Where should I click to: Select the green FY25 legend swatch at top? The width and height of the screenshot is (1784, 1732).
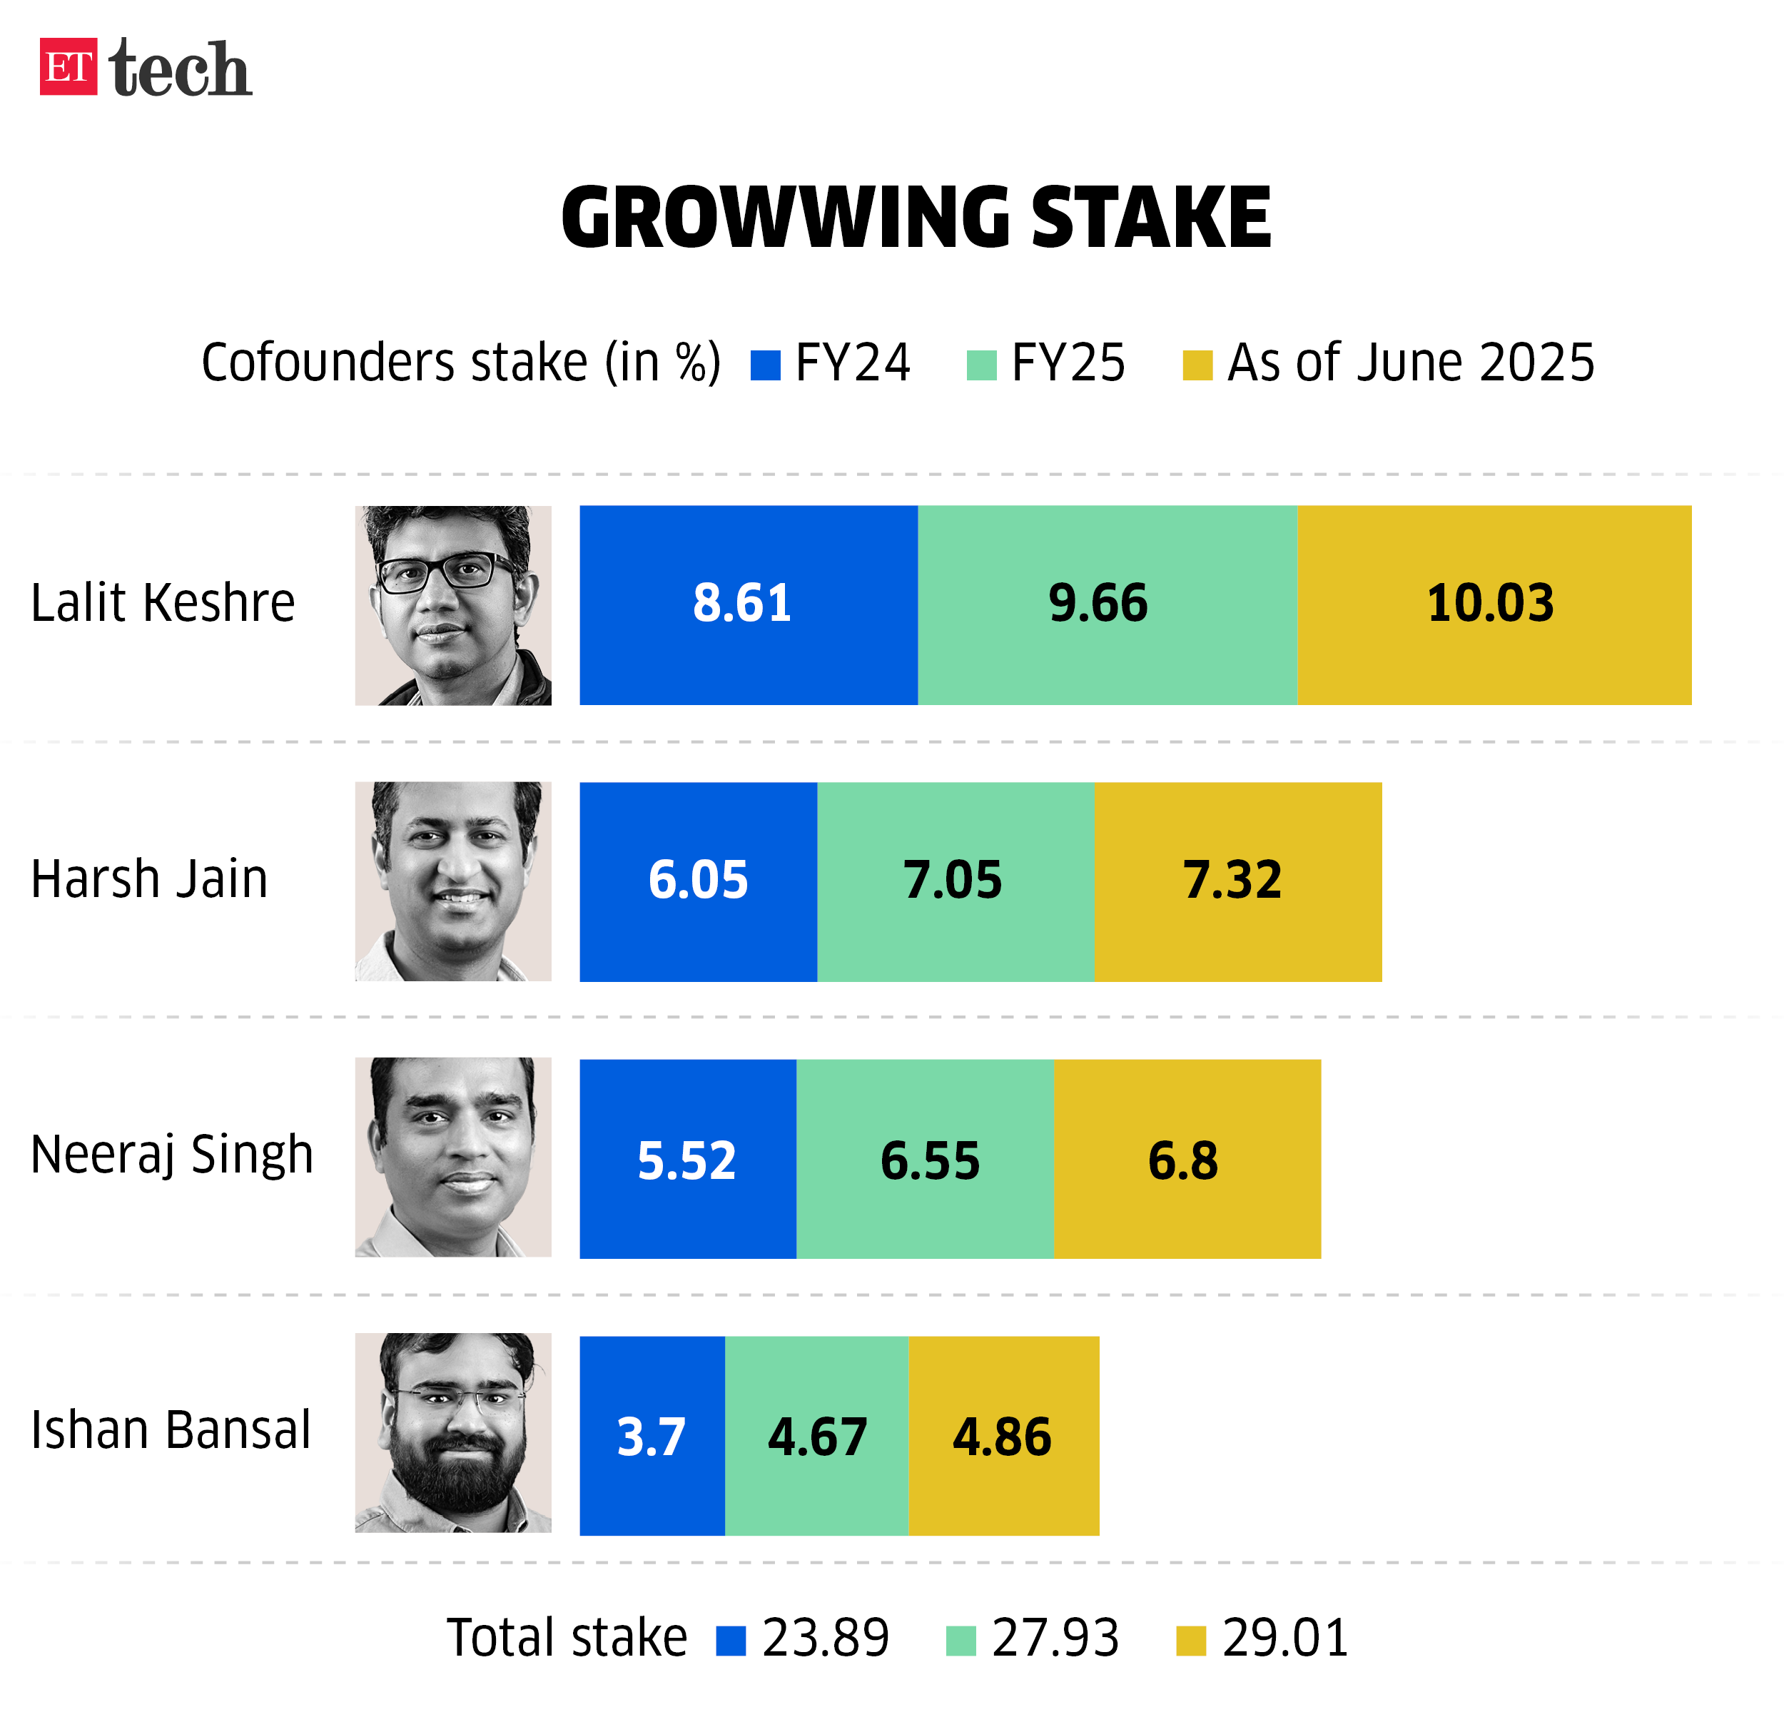(981, 365)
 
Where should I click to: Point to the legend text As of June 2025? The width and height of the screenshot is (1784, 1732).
(1410, 363)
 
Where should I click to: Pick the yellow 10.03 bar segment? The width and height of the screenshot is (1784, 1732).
(1494, 605)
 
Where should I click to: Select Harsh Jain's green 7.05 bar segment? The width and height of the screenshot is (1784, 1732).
(955, 881)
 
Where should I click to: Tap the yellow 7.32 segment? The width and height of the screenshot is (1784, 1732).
(1237, 881)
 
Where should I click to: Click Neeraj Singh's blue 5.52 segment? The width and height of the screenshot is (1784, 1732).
(687, 1159)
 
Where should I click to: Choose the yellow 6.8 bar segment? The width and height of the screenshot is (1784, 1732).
(1186, 1159)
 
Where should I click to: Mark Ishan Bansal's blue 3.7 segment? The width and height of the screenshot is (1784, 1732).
(652, 1435)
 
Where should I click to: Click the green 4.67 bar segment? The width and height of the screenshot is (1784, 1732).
(816, 1435)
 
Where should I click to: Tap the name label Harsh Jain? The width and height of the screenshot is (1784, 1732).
(149, 879)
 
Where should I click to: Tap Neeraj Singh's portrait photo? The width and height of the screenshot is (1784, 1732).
(453, 1157)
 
